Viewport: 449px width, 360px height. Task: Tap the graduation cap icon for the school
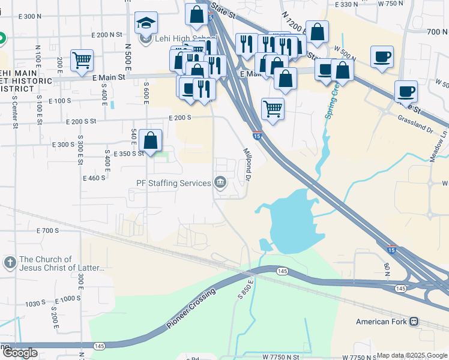point(146,23)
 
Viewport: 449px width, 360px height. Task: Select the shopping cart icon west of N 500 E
point(82,59)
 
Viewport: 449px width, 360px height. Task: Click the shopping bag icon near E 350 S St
point(150,140)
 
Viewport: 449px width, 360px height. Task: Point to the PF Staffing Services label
point(173,183)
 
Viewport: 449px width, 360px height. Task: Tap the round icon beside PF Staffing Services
point(220,182)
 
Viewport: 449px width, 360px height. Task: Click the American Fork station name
point(381,322)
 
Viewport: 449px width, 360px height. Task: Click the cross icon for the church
point(10,262)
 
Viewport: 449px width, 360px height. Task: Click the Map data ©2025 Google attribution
point(412,355)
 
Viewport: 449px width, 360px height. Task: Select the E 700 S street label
point(48,230)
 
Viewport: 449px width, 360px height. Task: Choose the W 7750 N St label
point(282,356)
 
